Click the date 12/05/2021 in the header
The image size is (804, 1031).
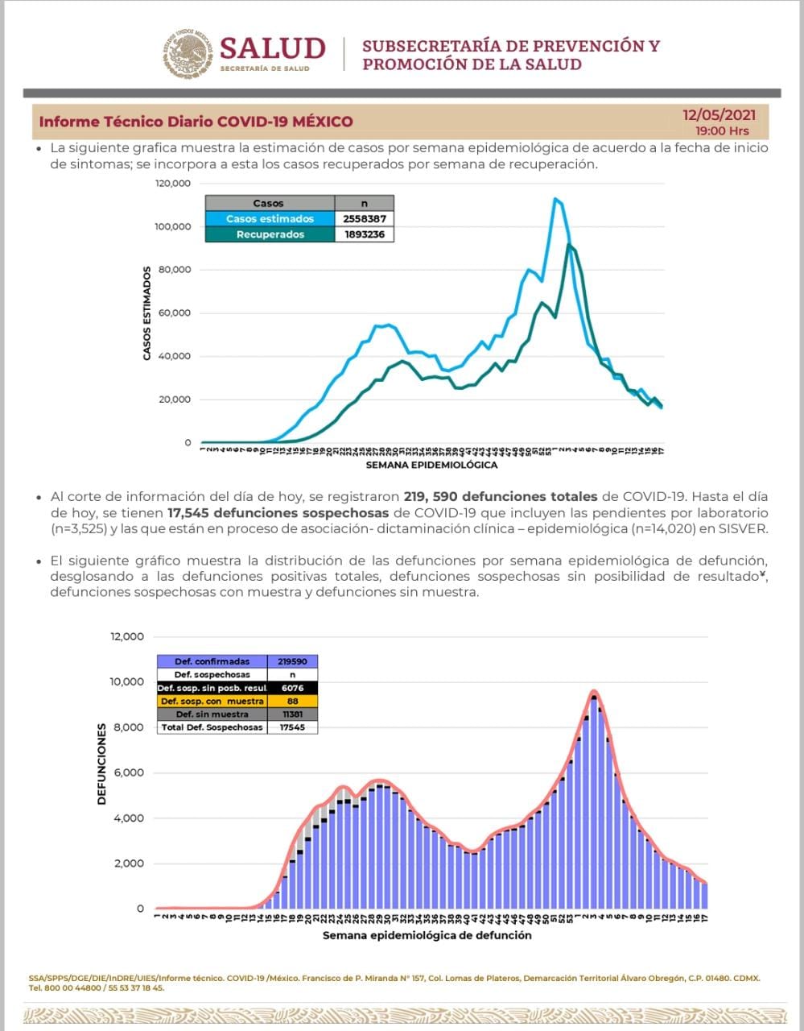pyautogui.click(x=719, y=115)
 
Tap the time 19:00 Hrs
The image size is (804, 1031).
pyautogui.click(x=722, y=130)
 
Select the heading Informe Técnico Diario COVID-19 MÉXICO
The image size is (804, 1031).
pyautogui.click(x=196, y=122)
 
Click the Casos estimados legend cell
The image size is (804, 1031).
pyautogui.click(x=270, y=219)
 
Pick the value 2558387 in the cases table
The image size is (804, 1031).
pyautogui.click(x=365, y=219)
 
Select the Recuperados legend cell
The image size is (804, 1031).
pyautogui.click(x=270, y=234)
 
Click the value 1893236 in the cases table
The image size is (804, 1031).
pyautogui.click(x=365, y=234)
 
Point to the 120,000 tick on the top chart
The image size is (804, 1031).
pyautogui.click(x=173, y=184)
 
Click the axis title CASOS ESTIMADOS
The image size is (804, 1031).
pyautogui.click(x=146, y=313)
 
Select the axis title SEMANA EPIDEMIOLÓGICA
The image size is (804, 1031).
pyautogui.click(x=431, y=465)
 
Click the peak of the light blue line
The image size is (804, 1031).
pyautogui.click(x=555, y=199)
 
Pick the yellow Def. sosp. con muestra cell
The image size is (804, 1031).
pyautogui.click(x=212, y=701)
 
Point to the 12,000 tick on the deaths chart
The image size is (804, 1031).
pyautogui.click(x=127, y=637)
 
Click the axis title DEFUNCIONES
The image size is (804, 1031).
pyautogui.click(x=102, y=764)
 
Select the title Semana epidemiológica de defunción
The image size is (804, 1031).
pyautogui.click(x=427, y=935)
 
